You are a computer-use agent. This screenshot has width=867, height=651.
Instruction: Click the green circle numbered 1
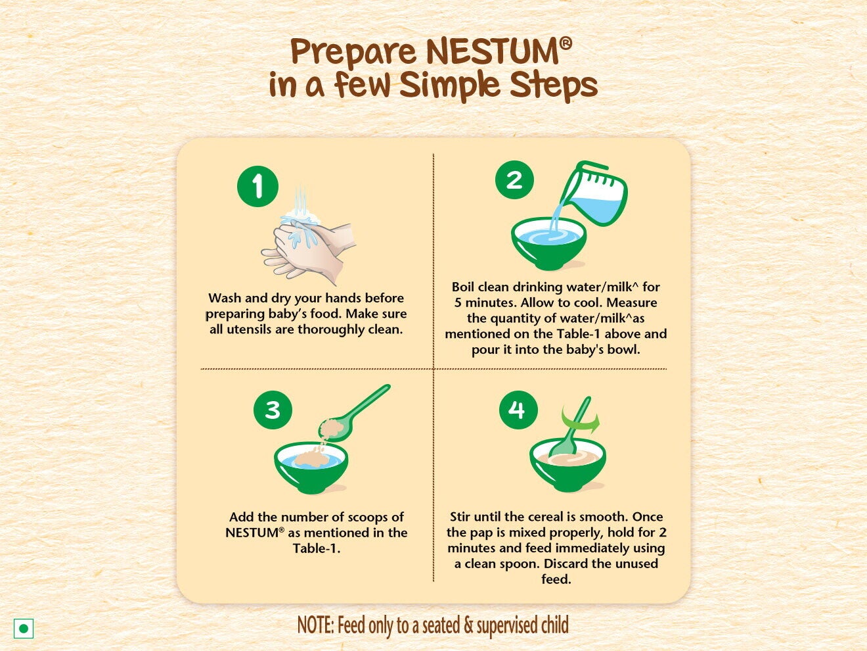pos(257,186)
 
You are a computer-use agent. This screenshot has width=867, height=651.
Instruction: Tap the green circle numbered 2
pos(515,180)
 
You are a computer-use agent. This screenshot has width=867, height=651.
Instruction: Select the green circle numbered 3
pos(273,410)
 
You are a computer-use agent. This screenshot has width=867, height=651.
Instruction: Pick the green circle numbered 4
pos(518,410)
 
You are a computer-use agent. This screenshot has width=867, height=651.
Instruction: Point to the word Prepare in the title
pos(353,53)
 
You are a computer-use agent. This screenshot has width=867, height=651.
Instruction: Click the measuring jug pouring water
pos(596,194)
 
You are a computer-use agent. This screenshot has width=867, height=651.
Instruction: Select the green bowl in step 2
pos(548,245)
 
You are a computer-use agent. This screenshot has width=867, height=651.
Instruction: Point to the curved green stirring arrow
pos(581,422)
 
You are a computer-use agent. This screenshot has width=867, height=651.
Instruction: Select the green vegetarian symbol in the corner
pos(24,629)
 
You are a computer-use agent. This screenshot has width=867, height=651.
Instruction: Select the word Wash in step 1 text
pos(225,298)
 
